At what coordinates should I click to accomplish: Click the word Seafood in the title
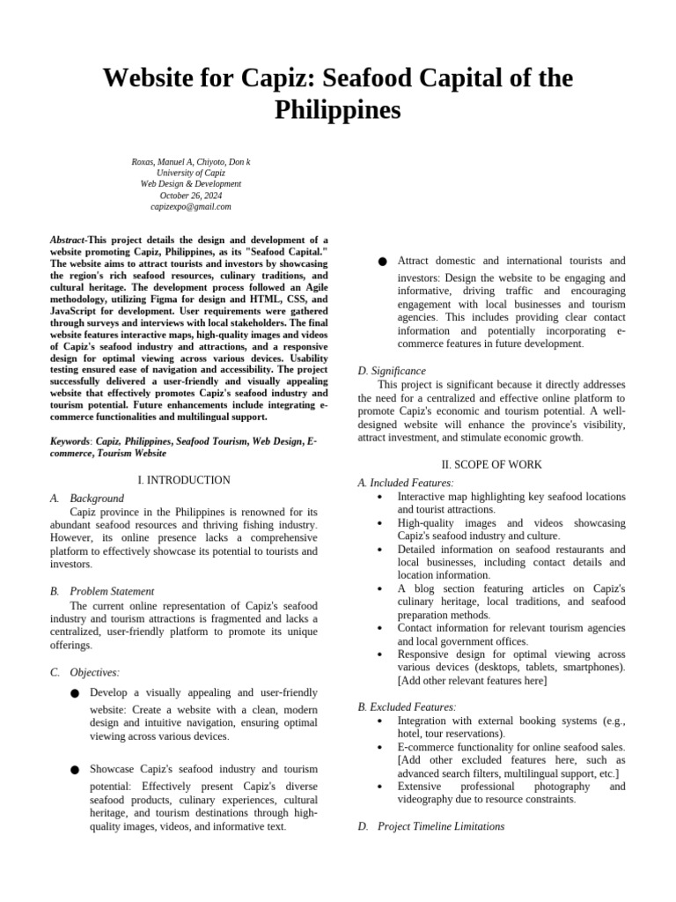pyautogui.click(x=371, y=78)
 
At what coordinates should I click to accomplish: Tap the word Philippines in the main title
pyautogui.click(x=338, y=111)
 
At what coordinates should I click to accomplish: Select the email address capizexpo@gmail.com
pyautogui.click(x=191, y=207)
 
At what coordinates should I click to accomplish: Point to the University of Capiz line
pyautogui.click(x=191, y=174)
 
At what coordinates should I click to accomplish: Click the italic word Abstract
pyautogui.click(x=68, y=240)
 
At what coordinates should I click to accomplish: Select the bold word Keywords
pyautogui.click(x=71, y=440)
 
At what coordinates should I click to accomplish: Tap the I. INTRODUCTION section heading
pyautogui.click(x=184, y=480)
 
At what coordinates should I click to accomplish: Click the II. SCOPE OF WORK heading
pyautogui.click(x=491, y=464)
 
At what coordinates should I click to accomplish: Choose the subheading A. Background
pyautogui.click(x=87, y=499)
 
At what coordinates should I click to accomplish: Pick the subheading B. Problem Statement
pyautogui.click(x=102, y=591)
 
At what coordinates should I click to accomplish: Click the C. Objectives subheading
pyautogui.click(x=85, y=672)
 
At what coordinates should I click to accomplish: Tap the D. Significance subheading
pyautogui.click(x=392, y=371)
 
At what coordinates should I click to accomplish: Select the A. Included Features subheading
pyautogui.click(x=406, y=483)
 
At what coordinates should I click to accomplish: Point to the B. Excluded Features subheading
pyautogui.click(x=407, y=706)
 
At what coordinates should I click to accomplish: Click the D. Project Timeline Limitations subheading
pyautogui.click(x=431, y=826)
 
